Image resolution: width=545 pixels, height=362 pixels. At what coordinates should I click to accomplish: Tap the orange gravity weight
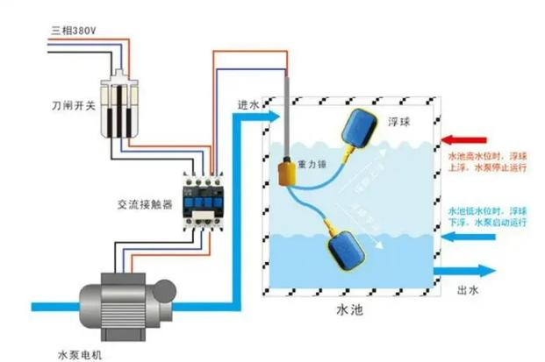click(287, 171)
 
